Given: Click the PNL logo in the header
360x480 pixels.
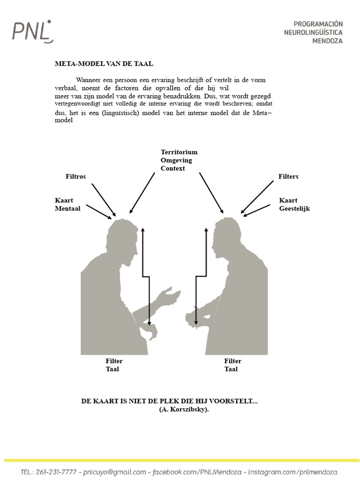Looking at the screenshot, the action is [32, 31].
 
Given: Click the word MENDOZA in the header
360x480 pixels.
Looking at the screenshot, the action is [327, 41].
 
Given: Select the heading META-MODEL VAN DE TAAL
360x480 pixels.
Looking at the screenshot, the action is [104, 64].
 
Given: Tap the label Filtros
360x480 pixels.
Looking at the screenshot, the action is [75, 176].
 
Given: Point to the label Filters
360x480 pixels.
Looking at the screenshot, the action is [288, 176].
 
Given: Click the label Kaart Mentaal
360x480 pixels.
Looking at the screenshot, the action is [67, 204].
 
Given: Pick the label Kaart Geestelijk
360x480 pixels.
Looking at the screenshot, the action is [294, 204].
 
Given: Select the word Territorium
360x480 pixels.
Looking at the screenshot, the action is [179, 152].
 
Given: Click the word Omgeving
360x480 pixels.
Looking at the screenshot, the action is [176, 160].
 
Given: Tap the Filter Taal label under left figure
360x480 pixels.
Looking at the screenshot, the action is [114, 365].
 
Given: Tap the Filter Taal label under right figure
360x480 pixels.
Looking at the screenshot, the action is [232, 365].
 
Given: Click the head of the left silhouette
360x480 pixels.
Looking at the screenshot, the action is [122, 237].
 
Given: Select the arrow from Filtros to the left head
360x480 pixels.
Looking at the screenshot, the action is [104, 200].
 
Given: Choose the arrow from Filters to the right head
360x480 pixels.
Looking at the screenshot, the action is [257, 197].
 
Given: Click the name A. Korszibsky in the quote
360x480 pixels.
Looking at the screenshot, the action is [184, 409].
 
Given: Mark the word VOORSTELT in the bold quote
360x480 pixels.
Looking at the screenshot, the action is [231, 401].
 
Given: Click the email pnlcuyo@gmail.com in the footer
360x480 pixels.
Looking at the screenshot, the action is [114, 472].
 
